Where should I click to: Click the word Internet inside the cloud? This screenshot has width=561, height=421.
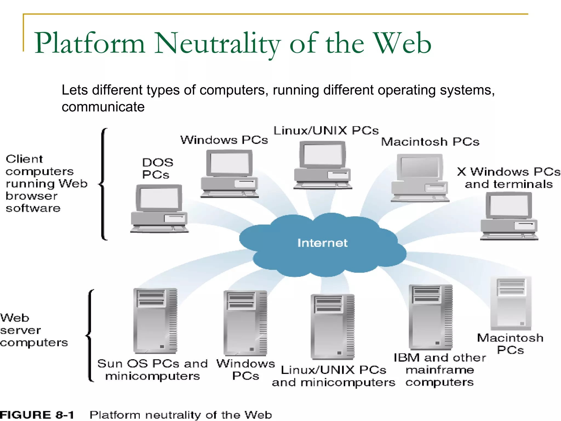click(322, 243)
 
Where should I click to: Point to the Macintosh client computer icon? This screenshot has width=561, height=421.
click(420, 178)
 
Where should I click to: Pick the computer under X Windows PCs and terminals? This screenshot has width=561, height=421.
click(509, 216)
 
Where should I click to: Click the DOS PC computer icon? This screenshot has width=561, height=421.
click(159, 209)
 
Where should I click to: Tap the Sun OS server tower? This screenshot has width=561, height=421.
click(155, 321)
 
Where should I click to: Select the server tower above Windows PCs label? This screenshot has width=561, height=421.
click(245, 323)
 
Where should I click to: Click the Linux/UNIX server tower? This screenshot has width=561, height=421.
click(332, 327)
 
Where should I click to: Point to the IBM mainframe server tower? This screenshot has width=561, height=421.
click(430, 317)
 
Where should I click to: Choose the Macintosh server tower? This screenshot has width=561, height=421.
click(511, 303)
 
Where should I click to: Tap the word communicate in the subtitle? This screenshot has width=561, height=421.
click(103, 107)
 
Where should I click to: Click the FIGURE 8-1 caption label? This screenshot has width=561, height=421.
click(37, 415)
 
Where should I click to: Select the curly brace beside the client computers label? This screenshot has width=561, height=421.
click(103, 184)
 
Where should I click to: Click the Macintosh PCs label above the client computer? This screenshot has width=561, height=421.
click(430, 142)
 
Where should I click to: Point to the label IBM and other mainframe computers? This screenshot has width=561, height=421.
click(440, 370)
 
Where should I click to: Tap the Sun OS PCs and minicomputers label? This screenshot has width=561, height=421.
click(153, 370)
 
